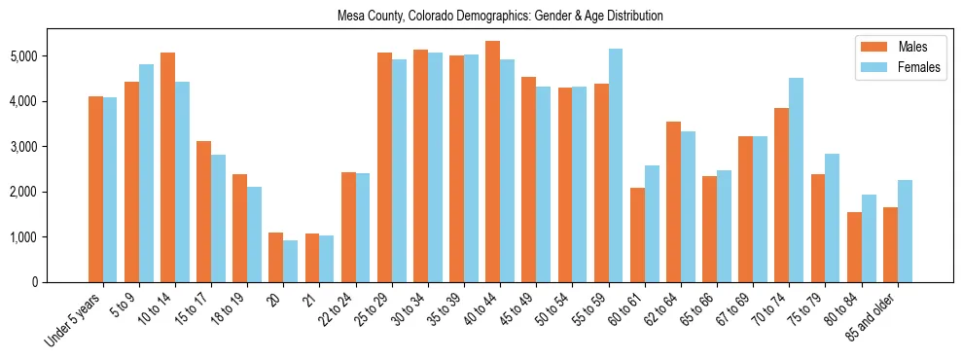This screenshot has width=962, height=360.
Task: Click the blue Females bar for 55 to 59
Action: [x=616, y=165]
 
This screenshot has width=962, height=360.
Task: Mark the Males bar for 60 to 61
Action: [x=637, y=234]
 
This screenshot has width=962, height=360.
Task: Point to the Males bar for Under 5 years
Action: [x=95, y=189]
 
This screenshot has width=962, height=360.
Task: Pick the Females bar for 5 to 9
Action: [x=147, y=173]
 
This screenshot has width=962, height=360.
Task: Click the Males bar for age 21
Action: [x=312, y=258]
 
